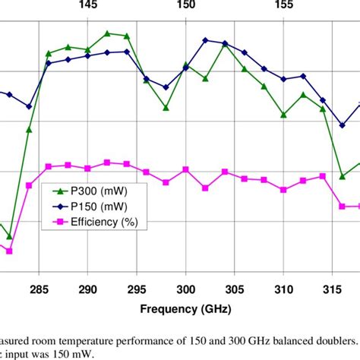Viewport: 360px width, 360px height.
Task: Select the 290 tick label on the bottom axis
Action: pyautogui.click(x=88, y=290)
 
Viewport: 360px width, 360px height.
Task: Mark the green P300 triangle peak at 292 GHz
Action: pyautogui.click(x=107, y=33)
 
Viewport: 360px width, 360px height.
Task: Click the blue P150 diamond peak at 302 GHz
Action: pyautogui.click(x=205, y=39)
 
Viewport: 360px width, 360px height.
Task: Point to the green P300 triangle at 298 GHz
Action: pyautogui.click(x=166, y=107)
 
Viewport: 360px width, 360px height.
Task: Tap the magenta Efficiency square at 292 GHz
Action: pyautogui.click(x=107, y=163)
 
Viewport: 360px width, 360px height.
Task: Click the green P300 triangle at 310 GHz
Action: pyautogui.click(x=283, y=115)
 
